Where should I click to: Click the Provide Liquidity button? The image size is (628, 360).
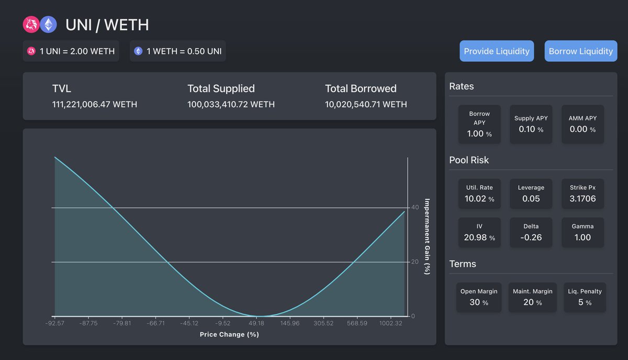coord(497,51)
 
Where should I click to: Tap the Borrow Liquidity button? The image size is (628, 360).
coord(580,51)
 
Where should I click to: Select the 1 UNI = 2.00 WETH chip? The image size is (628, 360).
coord(71,51)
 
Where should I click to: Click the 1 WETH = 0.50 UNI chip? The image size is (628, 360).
coord(178,51)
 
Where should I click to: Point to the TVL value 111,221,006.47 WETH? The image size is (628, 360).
coord(95,104)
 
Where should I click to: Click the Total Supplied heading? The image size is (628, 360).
coord(221,88)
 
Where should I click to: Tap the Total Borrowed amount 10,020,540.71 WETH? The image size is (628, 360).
coord(366,104)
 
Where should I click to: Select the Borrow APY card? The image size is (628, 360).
coord(479,125)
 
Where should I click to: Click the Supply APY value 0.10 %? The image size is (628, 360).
coord(531,129)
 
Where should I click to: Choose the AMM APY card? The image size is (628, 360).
coord(582,125)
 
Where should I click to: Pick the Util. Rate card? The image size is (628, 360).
coord(479,194)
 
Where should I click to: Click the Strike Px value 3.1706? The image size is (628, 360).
coord(582,199)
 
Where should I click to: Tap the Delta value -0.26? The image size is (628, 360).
coord(531,238)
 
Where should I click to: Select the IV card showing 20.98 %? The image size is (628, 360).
coord(479,232)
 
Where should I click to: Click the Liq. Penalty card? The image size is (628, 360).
coord(585,297)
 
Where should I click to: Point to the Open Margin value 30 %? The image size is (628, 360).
coord(478,302)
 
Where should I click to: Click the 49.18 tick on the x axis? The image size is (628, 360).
coord(256,323)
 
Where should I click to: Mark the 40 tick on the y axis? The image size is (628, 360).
coord(415,208)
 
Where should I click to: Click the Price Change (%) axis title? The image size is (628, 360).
coord(229,334)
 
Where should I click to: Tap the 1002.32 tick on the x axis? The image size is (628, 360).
coord(391,323)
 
